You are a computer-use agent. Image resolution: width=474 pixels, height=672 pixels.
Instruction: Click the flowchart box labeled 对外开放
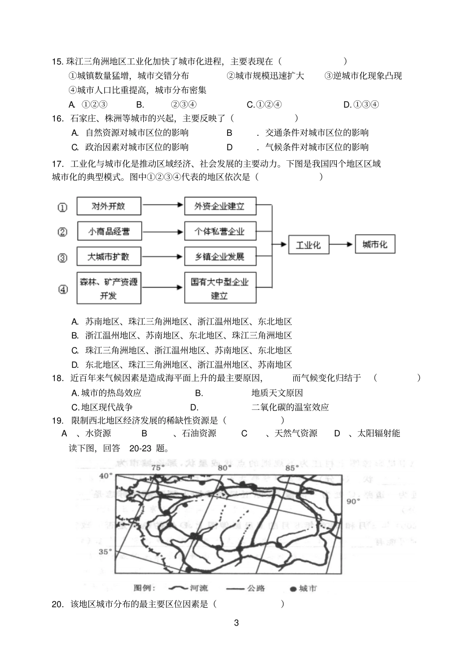[x=109, y=206]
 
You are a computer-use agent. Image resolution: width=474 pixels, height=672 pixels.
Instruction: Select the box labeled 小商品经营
[x=109, y=232]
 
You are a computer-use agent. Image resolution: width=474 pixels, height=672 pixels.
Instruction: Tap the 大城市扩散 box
[x=109, y=257]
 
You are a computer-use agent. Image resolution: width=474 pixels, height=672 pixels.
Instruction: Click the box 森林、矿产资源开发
[x=109, y=288]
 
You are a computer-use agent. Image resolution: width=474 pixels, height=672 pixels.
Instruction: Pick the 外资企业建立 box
[x=220, y=206]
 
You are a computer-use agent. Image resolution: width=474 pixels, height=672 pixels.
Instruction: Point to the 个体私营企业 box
[x=220, y=232]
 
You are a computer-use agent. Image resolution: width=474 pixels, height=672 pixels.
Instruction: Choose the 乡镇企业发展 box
[x=220, y=257]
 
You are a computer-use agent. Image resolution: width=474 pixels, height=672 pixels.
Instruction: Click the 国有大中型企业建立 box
[x=220, y=288]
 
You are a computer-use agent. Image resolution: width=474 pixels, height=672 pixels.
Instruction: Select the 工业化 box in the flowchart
[x=308, y=245]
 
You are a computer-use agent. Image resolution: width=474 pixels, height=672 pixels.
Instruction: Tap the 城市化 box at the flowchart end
[x=375, y=245]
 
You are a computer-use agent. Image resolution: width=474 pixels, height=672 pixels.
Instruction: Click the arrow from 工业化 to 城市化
[x=341, y=245]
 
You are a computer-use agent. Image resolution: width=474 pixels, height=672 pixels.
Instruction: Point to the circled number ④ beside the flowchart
[x=63, y=289]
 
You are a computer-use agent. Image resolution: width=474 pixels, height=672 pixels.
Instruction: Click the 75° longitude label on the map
[x=158, y=467]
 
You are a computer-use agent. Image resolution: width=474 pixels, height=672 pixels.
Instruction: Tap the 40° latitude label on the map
[x=105, y=476]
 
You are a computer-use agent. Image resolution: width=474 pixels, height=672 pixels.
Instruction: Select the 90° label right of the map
[x=353, y=501]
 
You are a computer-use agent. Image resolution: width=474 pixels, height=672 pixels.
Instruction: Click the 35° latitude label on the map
[x=105, y=552]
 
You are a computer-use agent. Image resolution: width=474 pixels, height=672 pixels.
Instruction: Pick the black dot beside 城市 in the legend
[x=292, y=589]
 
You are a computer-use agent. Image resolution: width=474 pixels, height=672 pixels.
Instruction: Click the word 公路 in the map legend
[x=256, y=589]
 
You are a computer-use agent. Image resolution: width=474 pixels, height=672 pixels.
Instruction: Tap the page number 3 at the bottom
[x=237, y=623]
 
